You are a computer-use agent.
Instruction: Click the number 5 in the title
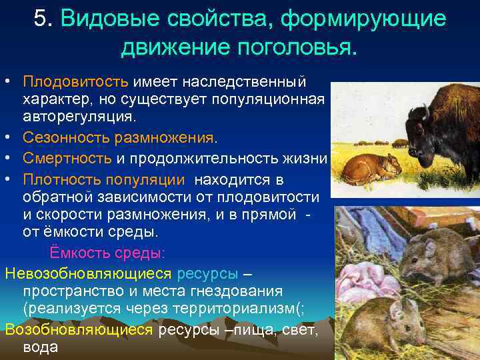41,19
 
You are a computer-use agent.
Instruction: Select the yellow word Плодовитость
75,82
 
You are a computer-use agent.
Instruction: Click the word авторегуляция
79,117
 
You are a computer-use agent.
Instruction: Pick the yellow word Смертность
67,158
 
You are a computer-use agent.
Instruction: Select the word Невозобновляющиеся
88,274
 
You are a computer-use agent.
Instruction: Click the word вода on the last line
41,347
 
